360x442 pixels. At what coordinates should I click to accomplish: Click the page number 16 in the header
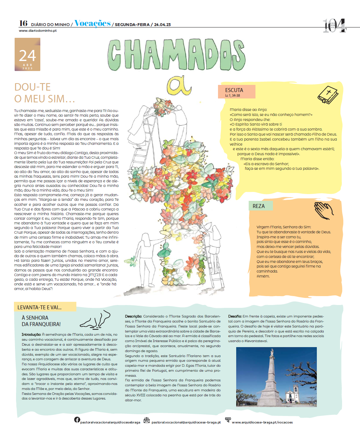[x=23, y=24]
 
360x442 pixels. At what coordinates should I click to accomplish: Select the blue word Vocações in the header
[x=92, y=24]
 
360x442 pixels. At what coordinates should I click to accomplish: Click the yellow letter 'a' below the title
[x=179, y=86]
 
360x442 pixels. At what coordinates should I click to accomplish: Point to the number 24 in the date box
[x=27, y=56]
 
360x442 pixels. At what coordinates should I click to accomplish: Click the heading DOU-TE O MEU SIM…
[x=45, y=93]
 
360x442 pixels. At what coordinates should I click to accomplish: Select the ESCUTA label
[x=234, y=90]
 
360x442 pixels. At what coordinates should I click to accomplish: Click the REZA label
[x=259, y=206]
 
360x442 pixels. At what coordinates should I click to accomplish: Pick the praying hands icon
[x=324, y=210]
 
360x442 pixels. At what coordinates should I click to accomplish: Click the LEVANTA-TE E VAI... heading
[x=40, y=307]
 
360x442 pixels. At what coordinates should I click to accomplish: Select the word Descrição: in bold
[x=133, y=316]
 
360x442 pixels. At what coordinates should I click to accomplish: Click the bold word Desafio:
[x=235, y=316]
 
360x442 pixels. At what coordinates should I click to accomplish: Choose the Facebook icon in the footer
[x=77, y=420]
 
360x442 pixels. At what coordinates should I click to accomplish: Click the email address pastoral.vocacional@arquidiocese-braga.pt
[x=186, y=422]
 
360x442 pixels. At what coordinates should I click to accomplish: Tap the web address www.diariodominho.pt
[x=38, y=31]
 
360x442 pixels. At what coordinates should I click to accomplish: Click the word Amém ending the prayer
[x=263, y=276]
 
